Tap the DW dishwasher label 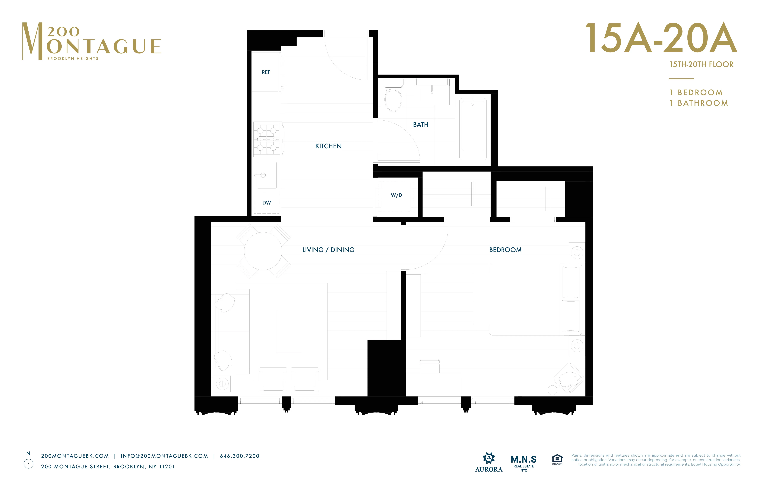point(266,203)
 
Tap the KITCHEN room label point(328,146)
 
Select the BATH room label point(421,124)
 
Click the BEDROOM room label point(505,250)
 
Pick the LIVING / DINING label point(328,250)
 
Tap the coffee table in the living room point(289,331)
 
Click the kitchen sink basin point(266,175)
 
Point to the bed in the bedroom point(529,299)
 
